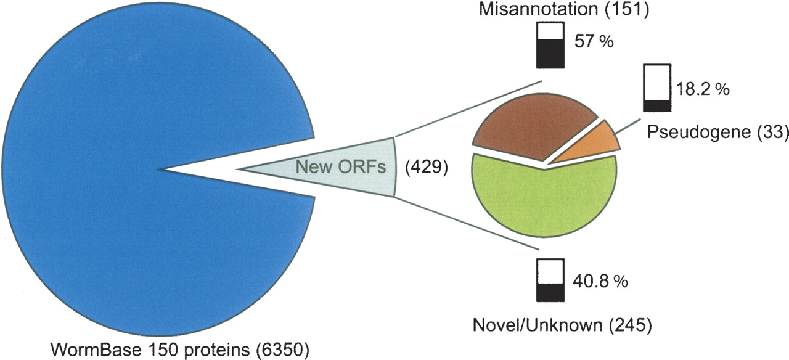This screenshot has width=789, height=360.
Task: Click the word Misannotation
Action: [x=538, y=9]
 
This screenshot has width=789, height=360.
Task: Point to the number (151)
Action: [x=627, y=9]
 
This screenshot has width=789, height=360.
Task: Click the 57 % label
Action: [x=594, y=41]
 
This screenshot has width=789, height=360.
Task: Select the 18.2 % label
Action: [x=702, y=89]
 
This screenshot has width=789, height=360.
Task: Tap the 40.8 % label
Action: [x=600, y=282]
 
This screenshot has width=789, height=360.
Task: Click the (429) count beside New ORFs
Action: [x=426, y=167]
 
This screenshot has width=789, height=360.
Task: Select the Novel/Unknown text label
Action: [x=538, y=325]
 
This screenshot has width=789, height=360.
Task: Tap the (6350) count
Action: [x=283, y=350]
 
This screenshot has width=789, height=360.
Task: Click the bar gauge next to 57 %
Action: [x=550, y=45]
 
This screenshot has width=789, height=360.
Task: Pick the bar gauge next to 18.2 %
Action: [x=657, y=88]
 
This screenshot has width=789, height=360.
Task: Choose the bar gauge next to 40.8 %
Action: [x=550, y=280]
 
